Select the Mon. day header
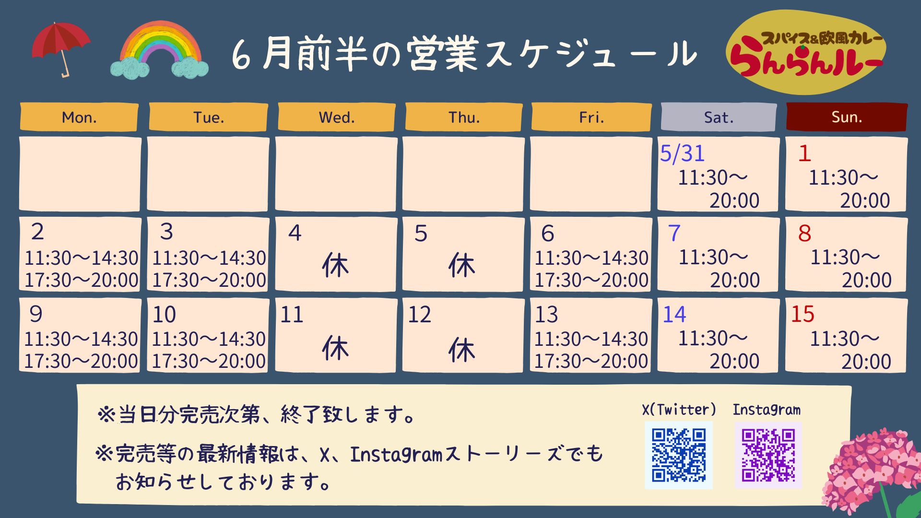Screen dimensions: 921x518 [79, 117]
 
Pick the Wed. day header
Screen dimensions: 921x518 [337, 117]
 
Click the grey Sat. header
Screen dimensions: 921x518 [719, 117]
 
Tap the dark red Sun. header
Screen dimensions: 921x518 [847, 117]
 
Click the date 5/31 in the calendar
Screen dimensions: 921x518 [682, 153]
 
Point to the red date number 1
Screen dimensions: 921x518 [804, 153]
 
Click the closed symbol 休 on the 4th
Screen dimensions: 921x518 [335, 265]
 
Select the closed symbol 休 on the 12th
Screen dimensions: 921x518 [461, 350]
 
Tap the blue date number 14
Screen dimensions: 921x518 [674, 315]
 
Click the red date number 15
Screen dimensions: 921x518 [803, 314]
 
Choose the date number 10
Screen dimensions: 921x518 [164, 315]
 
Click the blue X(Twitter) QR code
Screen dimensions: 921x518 [679, 455]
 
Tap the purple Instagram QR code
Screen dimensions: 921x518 [768, 455]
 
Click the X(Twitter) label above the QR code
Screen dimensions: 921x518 [679, 409]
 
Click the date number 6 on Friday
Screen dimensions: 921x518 [547, 234]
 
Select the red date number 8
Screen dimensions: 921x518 [804, 234]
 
